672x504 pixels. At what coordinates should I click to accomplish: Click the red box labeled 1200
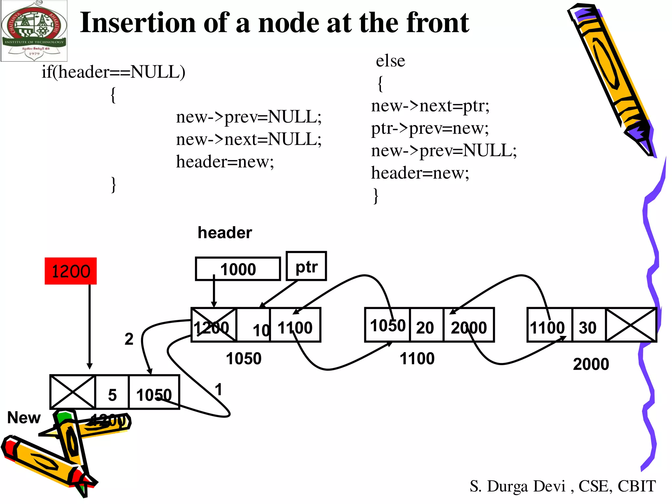tap(71, 271)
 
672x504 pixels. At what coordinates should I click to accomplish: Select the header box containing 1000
tap(238, 269)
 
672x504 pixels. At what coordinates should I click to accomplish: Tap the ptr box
tap(306, 266)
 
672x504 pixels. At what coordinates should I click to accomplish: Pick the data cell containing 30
tap(588, 325)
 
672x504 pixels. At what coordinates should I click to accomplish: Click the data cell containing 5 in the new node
tap(112, 392)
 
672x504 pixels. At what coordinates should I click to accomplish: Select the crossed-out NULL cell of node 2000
tap(630, 325)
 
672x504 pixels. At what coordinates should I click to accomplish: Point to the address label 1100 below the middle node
tap(417, 359)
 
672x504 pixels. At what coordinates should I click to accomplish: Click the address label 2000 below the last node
tap(591, 364)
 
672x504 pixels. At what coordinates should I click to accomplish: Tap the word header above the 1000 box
tap(225, 233)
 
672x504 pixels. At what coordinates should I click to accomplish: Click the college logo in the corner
tap(34, 31)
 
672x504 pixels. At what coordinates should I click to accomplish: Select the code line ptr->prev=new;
tap(430, 128)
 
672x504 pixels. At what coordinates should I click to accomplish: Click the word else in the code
tap(390, 61)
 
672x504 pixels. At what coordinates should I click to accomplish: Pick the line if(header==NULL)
tap(113, 72)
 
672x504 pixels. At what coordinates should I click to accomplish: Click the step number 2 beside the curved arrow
tap(129, 339)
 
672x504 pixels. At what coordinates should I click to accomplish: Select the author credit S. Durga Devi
tap(518, 486)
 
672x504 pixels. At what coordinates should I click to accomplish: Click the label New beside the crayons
tap(24, 418)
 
